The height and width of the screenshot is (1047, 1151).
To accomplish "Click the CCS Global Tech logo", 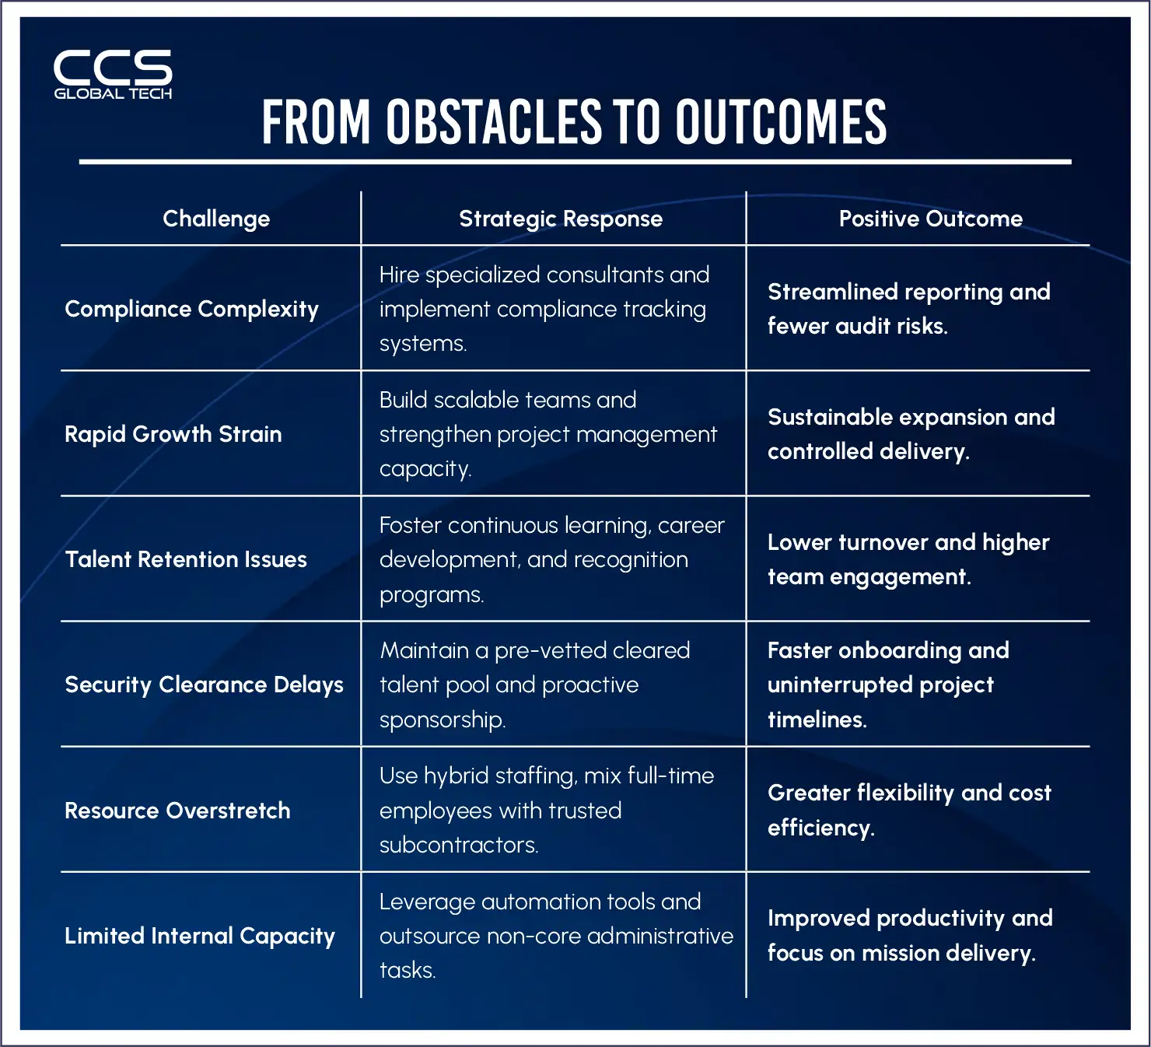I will coord(113,75).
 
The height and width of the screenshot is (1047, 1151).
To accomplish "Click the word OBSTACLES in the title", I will coord(495,122).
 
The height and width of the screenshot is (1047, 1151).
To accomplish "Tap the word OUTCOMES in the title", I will coord(781,122).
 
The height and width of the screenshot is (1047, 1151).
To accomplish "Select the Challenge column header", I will coord(216,219).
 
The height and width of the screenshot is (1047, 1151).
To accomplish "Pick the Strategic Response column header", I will coord(561,219).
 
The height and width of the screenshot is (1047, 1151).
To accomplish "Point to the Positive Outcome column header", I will coord(930,219).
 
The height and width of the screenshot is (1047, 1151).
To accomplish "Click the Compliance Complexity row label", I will coord(191,309).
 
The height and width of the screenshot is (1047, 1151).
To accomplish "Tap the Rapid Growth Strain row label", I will coord(173,434).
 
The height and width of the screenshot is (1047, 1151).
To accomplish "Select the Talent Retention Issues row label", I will coord(186,559).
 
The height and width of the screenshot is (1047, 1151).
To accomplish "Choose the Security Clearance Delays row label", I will coord(204,685).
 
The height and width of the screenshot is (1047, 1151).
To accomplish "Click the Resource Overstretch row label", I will coord(177,811).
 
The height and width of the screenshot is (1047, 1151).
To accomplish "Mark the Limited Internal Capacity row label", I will coord(200,936).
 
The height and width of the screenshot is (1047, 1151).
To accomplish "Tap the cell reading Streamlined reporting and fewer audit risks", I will coord(908,309).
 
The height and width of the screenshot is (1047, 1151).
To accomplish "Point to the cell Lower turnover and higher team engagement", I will coord(908,559).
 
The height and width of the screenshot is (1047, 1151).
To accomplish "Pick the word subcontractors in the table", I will coord(458,845).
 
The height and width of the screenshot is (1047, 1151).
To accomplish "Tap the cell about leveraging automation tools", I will coord(555,936).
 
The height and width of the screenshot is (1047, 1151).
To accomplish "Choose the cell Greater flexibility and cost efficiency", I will coord(908,811).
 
